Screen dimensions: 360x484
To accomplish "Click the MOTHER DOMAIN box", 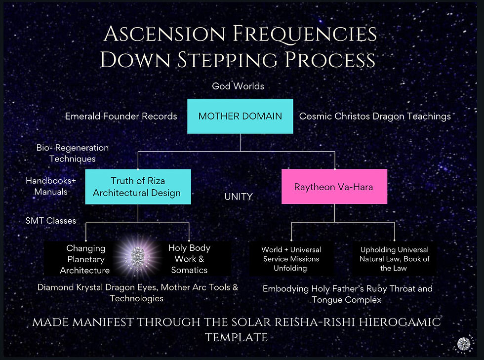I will click(240, 117).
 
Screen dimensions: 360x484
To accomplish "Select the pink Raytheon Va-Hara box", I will click(334, 187).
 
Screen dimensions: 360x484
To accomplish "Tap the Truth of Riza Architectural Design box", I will click(138, 187).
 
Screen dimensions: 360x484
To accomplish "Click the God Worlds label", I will click(238, 86).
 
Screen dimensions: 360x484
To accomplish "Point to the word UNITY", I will click(239, 197).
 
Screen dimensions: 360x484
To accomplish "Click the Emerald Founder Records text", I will click(121, 117).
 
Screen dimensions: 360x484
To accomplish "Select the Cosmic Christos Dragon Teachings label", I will click(375, 117).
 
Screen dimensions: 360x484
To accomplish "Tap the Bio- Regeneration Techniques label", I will click(72, 153).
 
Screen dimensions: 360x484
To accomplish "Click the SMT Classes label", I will click(51, 220).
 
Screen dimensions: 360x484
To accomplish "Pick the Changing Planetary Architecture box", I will click(85, 259).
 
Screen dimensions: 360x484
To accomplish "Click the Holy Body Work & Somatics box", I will click(189, 259).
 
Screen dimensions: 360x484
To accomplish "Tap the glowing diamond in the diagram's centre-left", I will click(138, 257).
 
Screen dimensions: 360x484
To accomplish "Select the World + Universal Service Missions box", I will click(291, 259).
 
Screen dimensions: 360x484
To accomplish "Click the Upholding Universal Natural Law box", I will click(394, 259).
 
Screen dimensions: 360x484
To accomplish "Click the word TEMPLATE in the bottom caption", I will click(236, 337).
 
